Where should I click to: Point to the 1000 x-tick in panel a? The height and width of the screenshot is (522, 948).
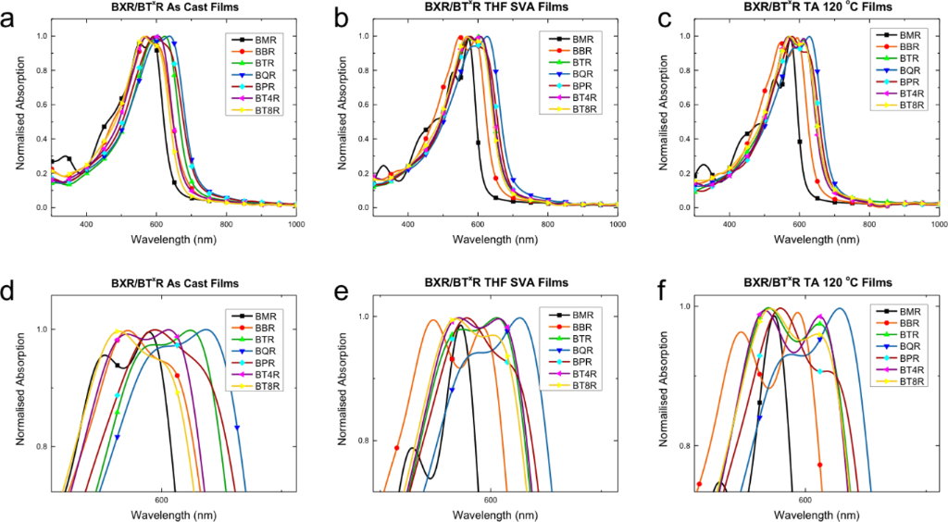click(296, 224)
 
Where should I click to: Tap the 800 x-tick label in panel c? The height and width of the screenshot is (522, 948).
click(869, 224)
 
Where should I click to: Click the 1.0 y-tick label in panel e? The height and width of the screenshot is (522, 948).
click(362, 317)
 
